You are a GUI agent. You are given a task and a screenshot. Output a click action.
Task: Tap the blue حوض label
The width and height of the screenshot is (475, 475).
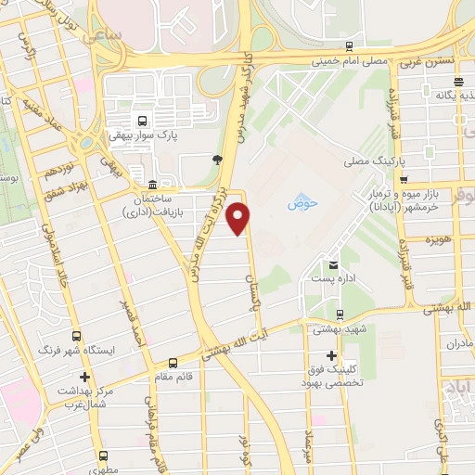coord(301,201)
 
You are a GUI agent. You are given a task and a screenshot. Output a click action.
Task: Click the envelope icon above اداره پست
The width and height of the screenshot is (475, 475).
coord(331,266)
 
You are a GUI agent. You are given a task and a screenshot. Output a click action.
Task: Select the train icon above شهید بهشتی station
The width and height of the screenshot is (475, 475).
coord(340,314)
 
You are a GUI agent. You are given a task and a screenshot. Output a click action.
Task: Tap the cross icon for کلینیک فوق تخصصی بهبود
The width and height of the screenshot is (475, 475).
coord(331,355)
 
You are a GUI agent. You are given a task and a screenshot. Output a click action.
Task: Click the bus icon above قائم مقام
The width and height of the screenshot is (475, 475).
coord(173,363)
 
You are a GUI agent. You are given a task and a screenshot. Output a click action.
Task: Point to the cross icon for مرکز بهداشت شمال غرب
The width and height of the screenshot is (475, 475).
coord(84,378)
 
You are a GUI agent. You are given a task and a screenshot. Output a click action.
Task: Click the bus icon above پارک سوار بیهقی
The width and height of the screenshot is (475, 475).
coord(142,121)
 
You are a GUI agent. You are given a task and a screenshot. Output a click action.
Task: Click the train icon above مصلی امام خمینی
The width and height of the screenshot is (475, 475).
coord(348,45)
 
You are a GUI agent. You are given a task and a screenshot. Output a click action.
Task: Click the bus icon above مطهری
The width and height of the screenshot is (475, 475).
coord(102,456)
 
